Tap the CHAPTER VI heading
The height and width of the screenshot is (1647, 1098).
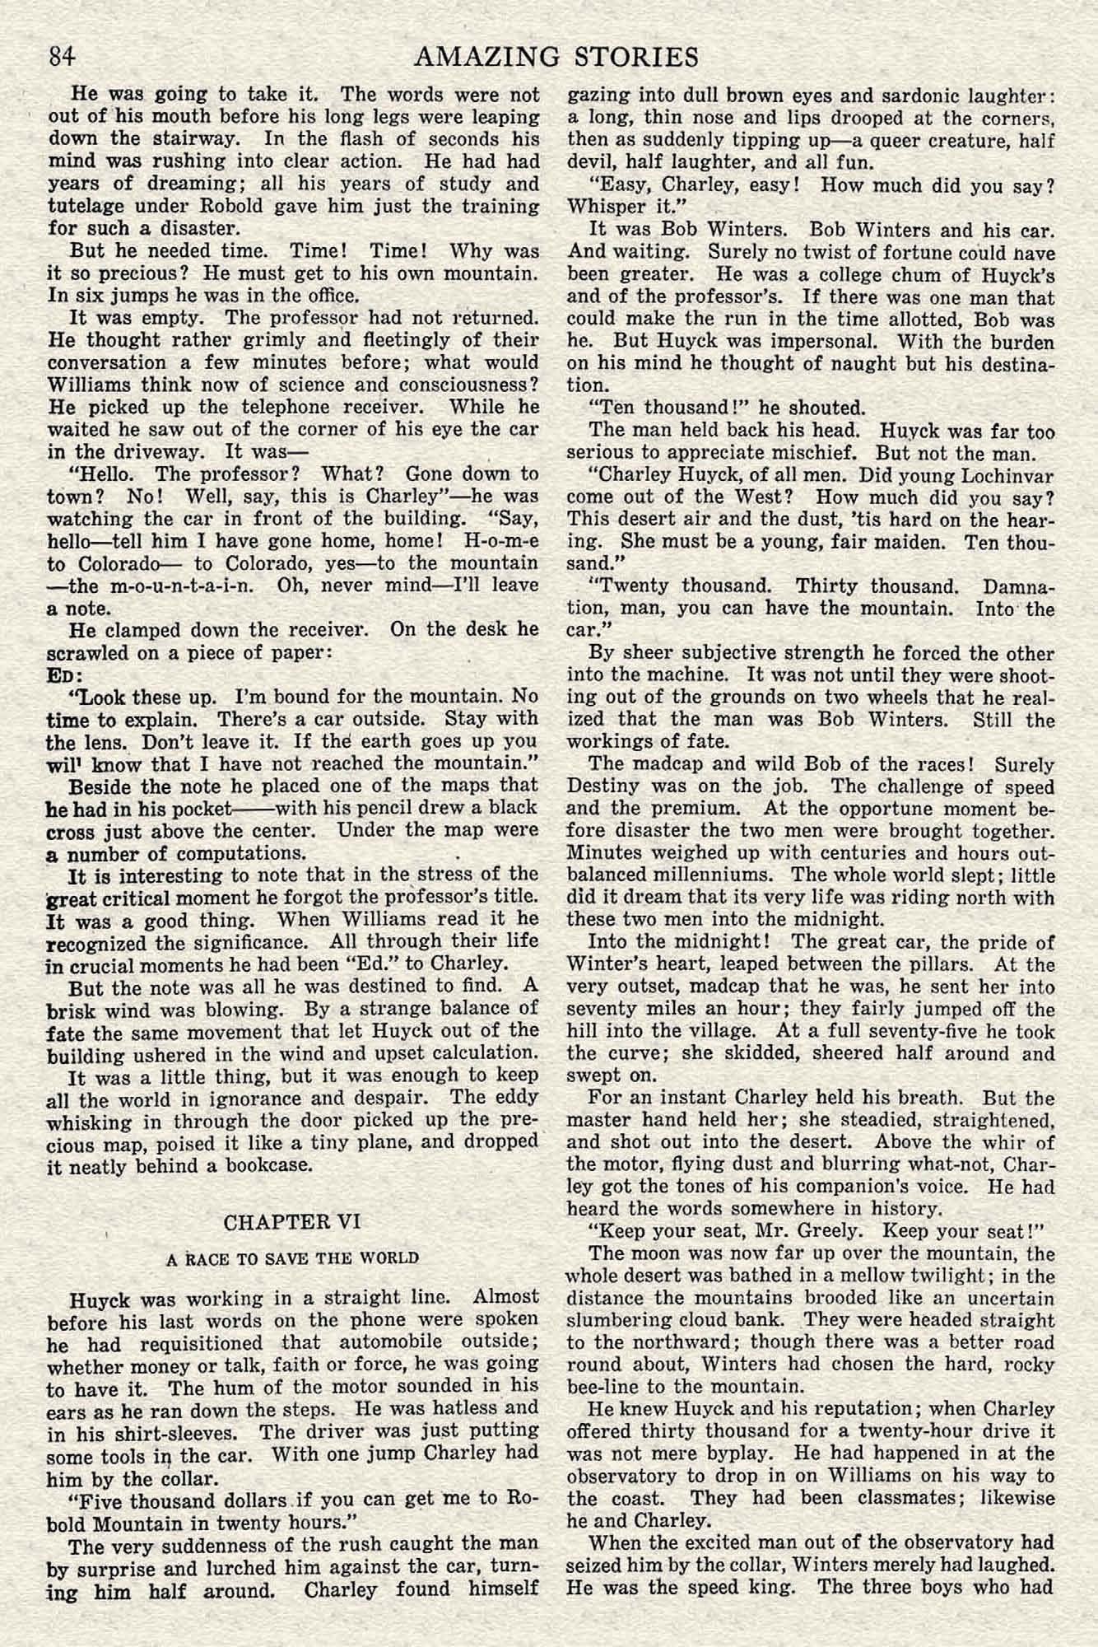coord(292,1221)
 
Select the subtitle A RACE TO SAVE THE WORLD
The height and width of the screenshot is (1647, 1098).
coord(292,1258)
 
